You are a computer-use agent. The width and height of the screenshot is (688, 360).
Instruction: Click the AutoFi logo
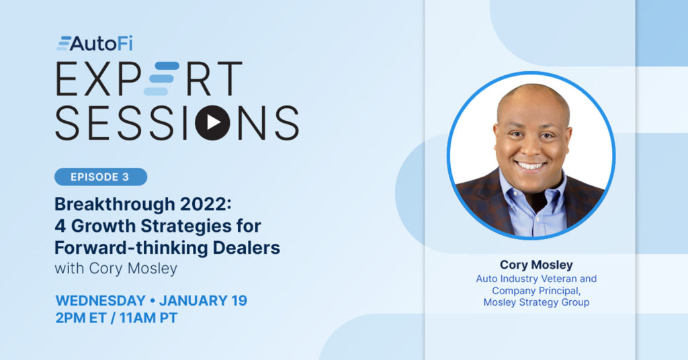pyautogui.click(x=95, y=44)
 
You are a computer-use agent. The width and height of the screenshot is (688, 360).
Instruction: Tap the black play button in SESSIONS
pyautogui.click(x=213, y=122)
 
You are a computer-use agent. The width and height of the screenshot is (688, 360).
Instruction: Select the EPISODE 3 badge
pyautogui.click(x=101, y=177)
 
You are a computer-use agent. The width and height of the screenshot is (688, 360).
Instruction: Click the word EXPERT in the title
pyautogui.click(x=148, y=79)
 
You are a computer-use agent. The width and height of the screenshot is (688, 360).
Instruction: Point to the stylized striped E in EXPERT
pyautogui.click(x=161, y=79)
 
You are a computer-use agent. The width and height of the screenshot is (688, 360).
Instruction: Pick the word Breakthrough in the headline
pyautogui.click(x=114, y=204)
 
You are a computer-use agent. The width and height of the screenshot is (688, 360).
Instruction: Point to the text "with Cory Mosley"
pyautogui.click(x=116, y=269)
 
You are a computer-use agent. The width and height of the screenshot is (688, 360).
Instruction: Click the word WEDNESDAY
pyautogui.click(x=101, y=301)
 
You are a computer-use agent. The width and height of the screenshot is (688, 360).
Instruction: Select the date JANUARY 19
pyautogui.click(x=203, y=301)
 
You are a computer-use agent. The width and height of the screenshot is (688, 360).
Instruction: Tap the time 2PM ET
pyautogui.click(x=81, y=318)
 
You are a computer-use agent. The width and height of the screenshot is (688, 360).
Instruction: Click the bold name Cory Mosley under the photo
pyautogui.click(x=536, y=265)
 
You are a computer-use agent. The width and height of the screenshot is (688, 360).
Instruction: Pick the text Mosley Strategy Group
pyautogui.click(x=536, y=302)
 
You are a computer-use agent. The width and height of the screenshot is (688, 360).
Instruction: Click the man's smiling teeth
pyautogui.click(x=530, y=166)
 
